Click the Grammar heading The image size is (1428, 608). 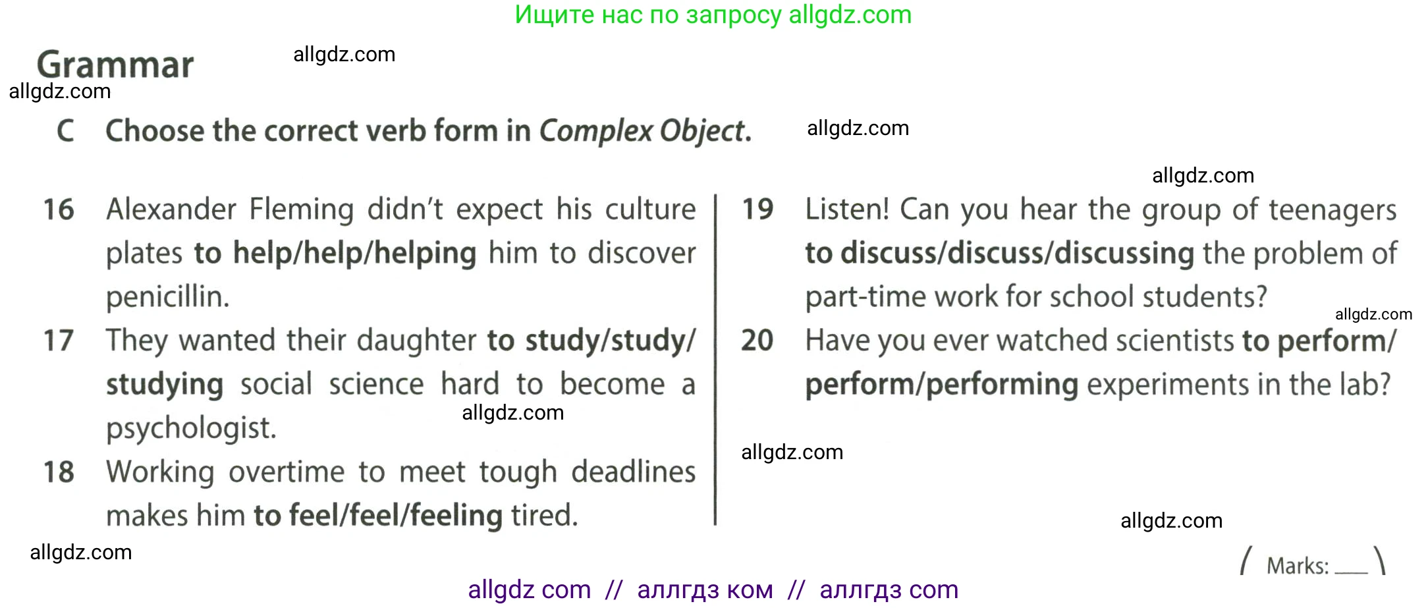[115, 65]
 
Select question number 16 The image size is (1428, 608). [59, 209]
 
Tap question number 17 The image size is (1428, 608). [59, 341]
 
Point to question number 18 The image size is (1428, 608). [59, 472]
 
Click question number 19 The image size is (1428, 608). [757, 209]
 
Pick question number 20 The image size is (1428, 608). [757, 341]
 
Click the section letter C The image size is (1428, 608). [65, 130]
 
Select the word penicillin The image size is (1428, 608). [168, 297]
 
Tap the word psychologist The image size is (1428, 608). [191, 428]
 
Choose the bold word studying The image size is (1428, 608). [165, 385]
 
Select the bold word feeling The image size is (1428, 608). [456, 516]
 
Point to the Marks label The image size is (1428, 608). [1298, 566]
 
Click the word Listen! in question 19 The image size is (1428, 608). [847, 209]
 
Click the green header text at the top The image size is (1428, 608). [713, 14]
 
